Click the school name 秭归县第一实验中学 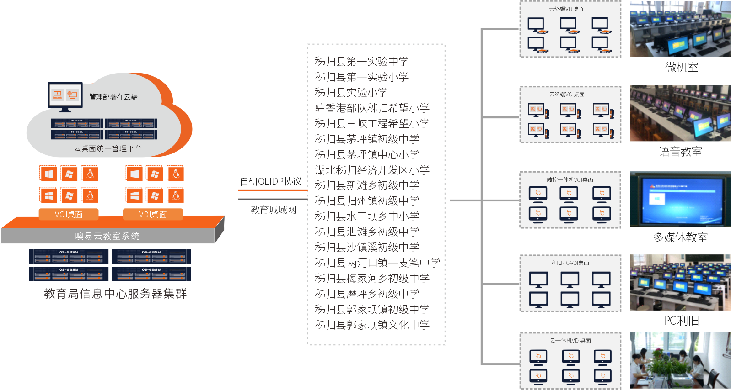[361, 61]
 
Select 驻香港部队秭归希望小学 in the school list [372, 108]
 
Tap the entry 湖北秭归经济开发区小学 [372, 170]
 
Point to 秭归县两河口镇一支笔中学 [377, 263]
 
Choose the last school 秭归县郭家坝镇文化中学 [372, 325]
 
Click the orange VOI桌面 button [69, 214]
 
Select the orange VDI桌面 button [153, 214]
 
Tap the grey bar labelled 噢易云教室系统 [107, 236]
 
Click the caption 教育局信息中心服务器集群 [115, 293]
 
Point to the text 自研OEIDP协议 [271, 181]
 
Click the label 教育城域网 [273, 210]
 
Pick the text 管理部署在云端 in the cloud [113, 97]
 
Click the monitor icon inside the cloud [65, 96]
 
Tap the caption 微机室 [682, 67]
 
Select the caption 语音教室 [680, 152]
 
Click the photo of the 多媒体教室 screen [680, 199]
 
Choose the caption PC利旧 [681, 321]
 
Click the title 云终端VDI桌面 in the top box [567, 9]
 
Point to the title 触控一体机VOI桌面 [570, 180]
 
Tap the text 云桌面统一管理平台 [107, 148]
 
